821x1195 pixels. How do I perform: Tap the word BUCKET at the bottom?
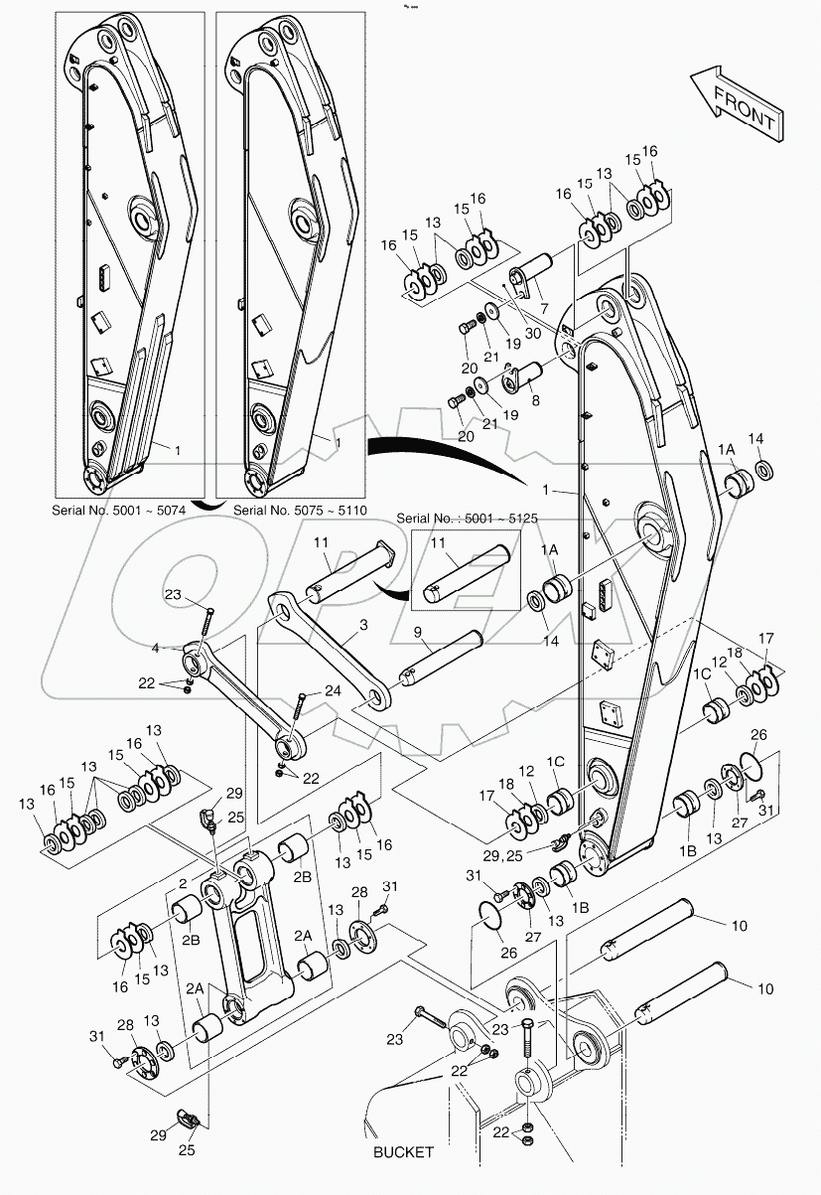(x=403, y=1152)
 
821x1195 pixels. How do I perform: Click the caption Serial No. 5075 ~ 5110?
(x=300, y=510)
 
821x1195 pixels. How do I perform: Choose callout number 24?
(x=332, y=690)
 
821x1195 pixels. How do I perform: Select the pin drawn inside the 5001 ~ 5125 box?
(x=466, y=573)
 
